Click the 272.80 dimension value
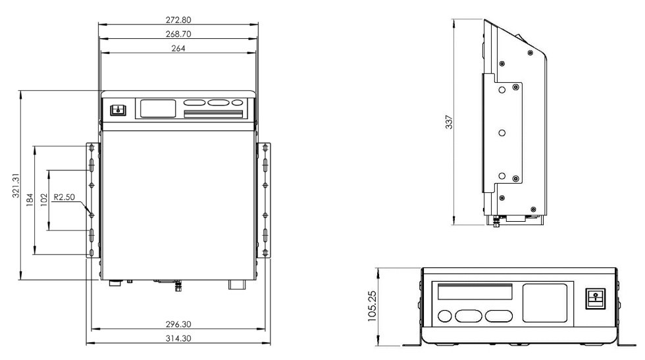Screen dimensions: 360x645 [x=177, y=20]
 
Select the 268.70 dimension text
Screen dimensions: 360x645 [x=177, y=33]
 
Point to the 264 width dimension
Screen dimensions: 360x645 [x=177, y=48]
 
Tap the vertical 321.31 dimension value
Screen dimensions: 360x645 [x=15, y=186]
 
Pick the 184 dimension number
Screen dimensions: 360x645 [x=30, y=201]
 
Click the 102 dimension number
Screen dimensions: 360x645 [x=43, y=201]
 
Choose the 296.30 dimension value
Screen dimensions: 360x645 [x=177, y=324]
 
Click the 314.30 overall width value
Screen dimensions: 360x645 [x=177, y=338]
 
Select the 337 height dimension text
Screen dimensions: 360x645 [x=450, y=122]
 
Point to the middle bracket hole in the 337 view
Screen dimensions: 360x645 [x=502, y=132]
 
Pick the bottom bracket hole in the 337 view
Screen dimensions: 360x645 [x=502, y=176]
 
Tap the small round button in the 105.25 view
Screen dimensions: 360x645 [x=445, y=316]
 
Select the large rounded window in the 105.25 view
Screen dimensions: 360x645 [x=544, y=303]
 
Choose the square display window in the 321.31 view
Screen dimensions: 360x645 [x=156, y=108]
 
